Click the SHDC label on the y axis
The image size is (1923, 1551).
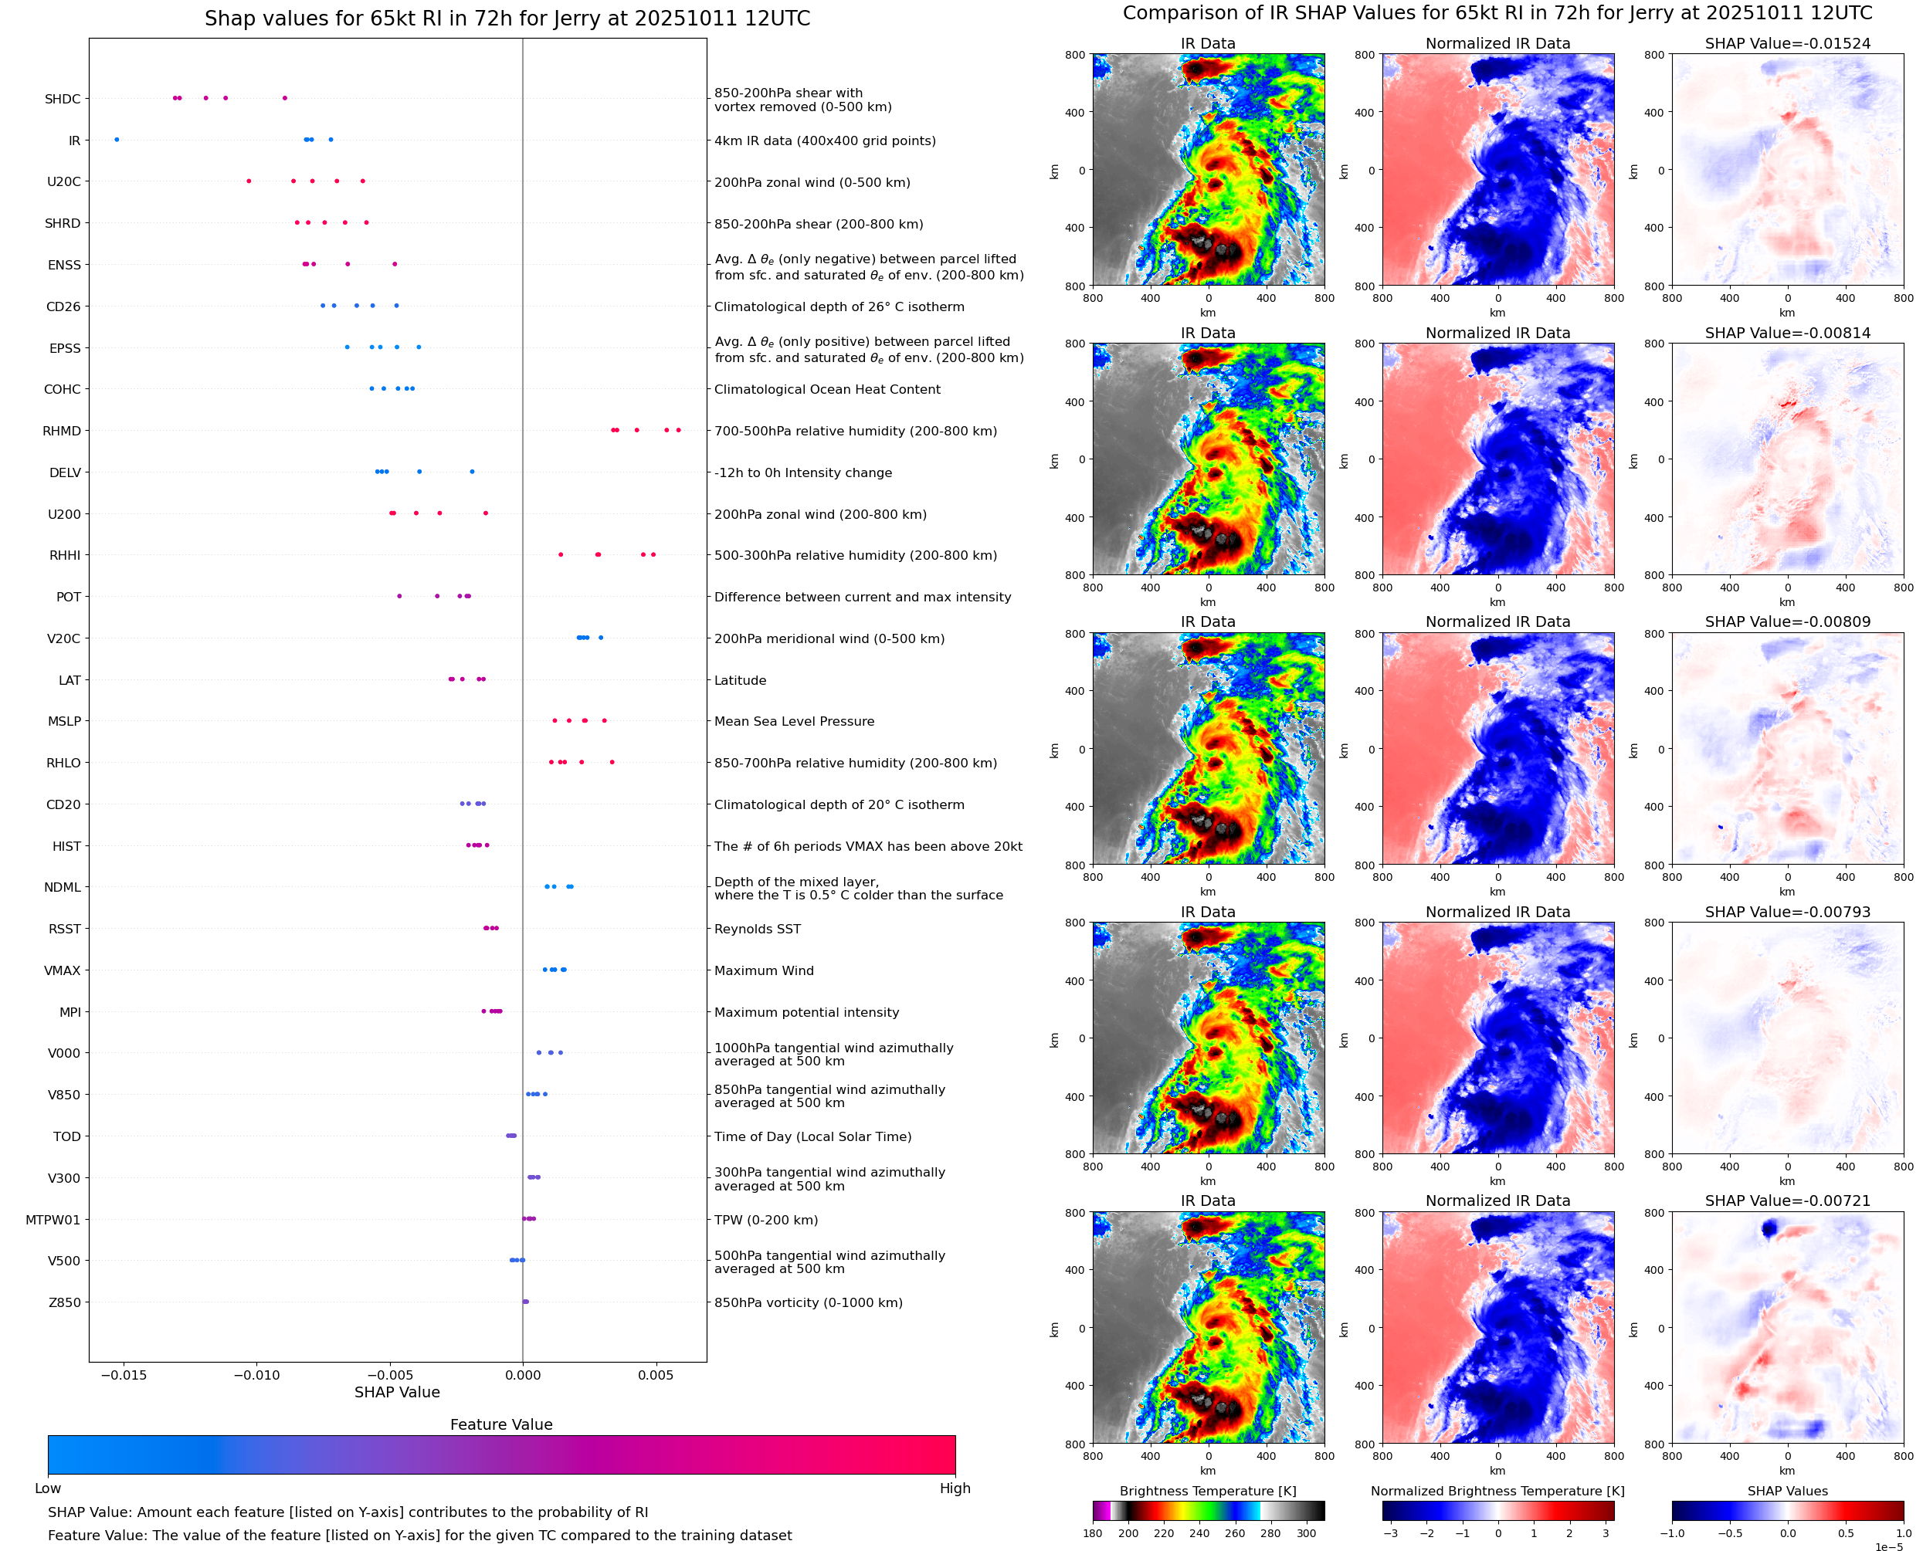[63, 99]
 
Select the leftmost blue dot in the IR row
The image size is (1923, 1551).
[117, 140]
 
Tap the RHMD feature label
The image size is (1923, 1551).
[62, 432]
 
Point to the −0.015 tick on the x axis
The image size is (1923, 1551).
[124, 1375]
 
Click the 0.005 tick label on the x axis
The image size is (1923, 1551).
[655, 1375]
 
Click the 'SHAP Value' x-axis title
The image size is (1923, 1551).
[397, 1393]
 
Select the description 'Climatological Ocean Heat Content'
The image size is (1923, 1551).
[826, 390]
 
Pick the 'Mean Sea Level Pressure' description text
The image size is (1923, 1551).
[793, 722]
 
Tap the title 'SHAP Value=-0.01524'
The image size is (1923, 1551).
[1787, 43]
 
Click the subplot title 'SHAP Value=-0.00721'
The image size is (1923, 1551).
[1787, 1201]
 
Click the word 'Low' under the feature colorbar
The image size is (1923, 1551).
[48, 1488]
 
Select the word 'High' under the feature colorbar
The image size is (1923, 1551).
[955, 1488]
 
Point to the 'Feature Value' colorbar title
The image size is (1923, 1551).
[501, 1425]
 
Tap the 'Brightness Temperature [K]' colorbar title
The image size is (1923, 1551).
[1207, 1491]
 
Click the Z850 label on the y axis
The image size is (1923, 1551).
[64, 1302]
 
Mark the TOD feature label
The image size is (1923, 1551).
[67, 1136]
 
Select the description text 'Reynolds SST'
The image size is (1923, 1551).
[757, 930]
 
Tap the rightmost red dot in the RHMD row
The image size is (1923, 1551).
[678, 431]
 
